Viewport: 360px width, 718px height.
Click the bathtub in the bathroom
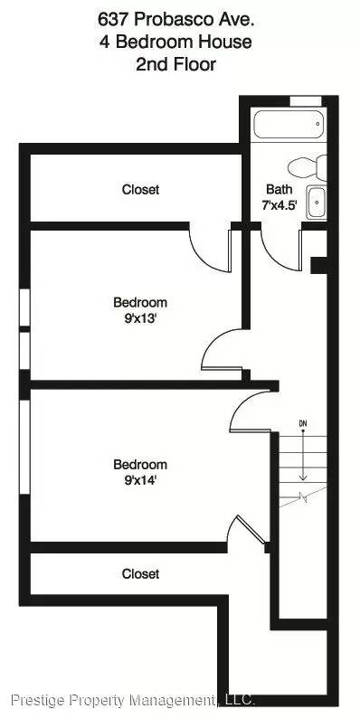289,126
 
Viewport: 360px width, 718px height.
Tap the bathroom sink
316,202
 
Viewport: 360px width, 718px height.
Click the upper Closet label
140,190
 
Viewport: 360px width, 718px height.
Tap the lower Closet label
140,574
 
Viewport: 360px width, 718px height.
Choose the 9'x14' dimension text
139,480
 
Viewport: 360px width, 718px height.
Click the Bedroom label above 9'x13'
139,302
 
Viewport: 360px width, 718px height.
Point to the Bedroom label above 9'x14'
139,465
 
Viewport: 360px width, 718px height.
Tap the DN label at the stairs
303,424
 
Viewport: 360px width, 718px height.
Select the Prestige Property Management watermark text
133,700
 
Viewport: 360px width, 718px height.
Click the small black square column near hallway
317,264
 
